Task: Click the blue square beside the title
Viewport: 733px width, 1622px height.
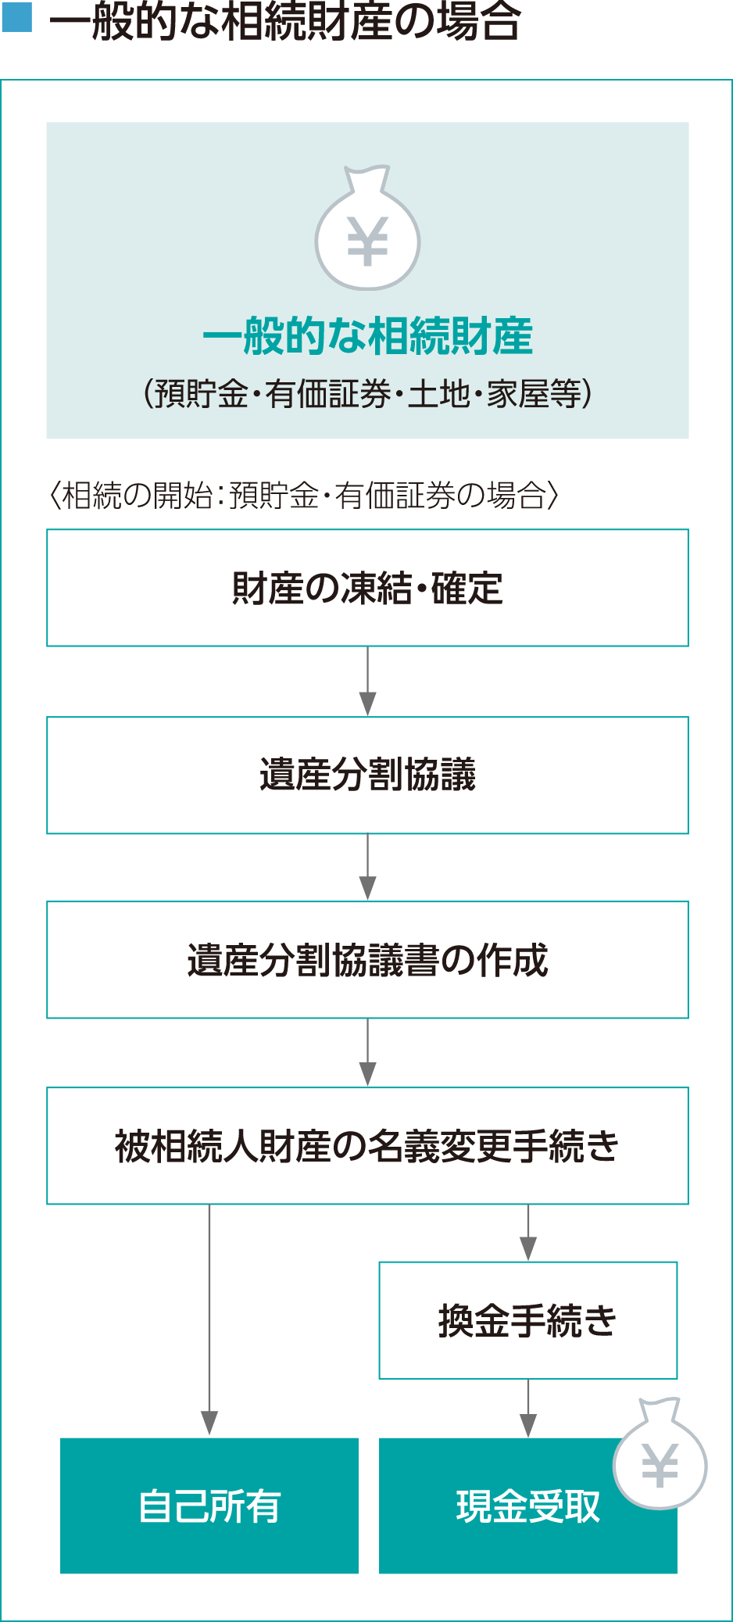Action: tap(16, 17)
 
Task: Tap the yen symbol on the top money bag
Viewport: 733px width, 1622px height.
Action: tap(367, 242)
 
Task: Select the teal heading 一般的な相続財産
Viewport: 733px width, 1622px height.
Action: tap(367, 337)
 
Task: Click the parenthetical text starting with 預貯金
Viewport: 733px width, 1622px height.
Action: tap(367, 394)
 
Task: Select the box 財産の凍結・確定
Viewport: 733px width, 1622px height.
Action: tap(367, 588)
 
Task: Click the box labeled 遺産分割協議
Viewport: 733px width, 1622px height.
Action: tap(367, 775)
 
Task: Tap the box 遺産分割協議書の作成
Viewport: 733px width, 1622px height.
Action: tap(367, 960)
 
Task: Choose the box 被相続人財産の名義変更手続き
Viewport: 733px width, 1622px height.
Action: tap(367, 1146)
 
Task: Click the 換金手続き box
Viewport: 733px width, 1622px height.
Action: tap(528, 1320)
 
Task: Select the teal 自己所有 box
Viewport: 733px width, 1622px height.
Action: tap(209, 1506)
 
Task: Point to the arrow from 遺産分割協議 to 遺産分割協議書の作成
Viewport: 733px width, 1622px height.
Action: tap(367, 868)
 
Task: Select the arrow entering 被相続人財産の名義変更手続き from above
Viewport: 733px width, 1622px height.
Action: tap(367, 1053)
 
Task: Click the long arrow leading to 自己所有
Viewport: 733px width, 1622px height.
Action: tap(209, 1321)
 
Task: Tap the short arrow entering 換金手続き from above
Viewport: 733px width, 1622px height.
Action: tap(528, 1234)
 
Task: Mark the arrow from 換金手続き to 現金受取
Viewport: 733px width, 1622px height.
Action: tap(528, 1409)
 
